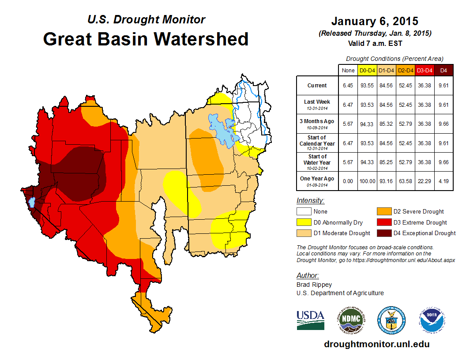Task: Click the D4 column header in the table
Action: [443, 70]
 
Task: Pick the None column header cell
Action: [348, 70]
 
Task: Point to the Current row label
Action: [317, 86]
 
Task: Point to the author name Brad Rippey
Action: [314, 285]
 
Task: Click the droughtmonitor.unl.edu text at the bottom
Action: [376, 344]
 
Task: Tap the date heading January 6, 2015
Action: [375, 21]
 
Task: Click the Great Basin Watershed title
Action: [146, 39]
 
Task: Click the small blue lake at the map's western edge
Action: [31, 203]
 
